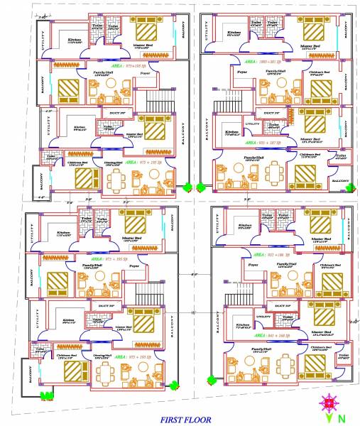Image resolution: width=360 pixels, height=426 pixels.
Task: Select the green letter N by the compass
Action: [342, 417]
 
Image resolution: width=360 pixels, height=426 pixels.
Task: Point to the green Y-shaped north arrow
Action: [328, 418]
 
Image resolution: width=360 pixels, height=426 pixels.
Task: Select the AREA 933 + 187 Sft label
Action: [265, 143]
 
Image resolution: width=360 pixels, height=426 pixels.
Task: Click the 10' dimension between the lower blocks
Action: [193, 313]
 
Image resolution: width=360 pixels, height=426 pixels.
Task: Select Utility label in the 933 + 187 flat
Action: [252, 124]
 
